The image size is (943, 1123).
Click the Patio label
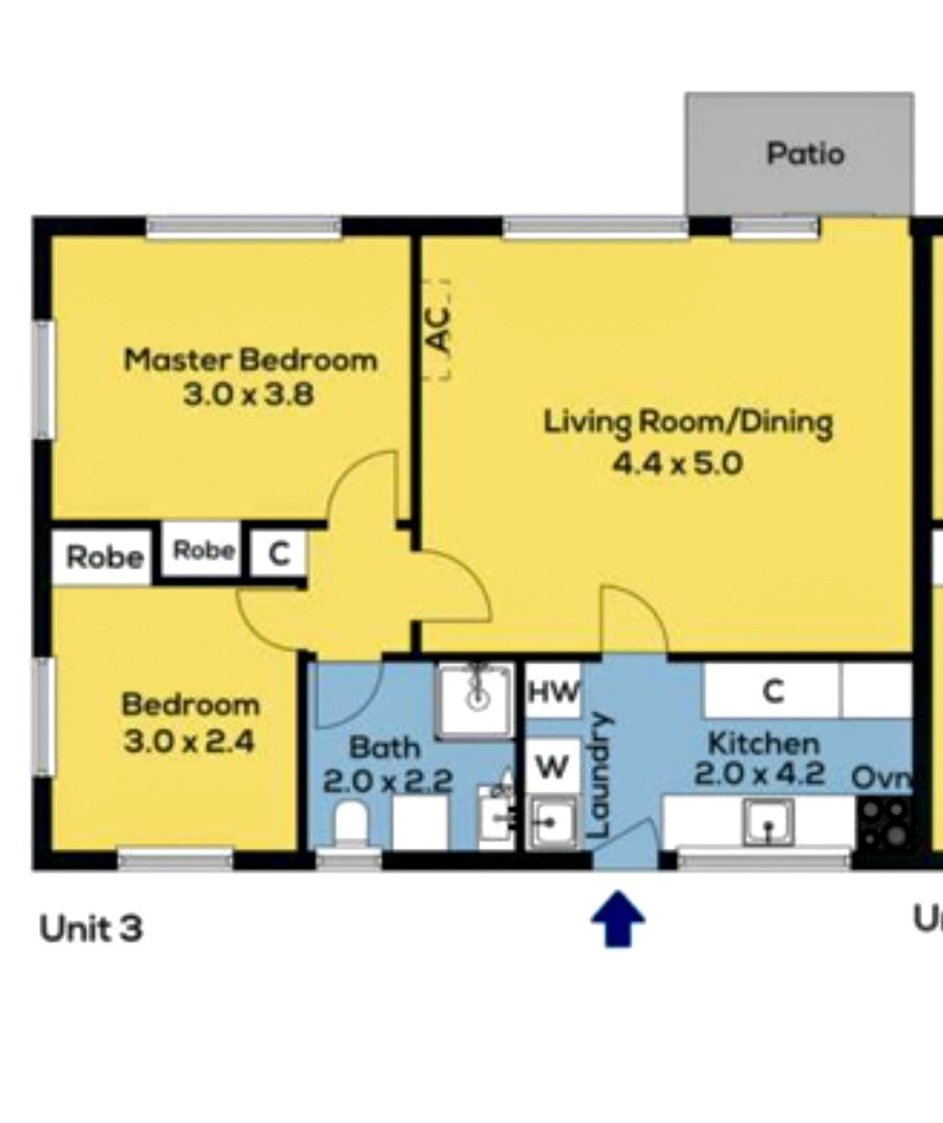click(x=806, y=153)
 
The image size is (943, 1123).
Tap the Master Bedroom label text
click(x=251, y=360)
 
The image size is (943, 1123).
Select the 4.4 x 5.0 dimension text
click(x=678, y=463)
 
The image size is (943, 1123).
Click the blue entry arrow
click(x=618, y=918)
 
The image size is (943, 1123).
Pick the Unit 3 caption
click(x=91, y=928)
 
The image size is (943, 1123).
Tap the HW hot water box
click(x=554, y=692)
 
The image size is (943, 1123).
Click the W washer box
click(x=552, y=767)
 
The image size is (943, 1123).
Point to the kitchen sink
click(x=769, y=821)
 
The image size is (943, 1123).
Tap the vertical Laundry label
click(x=600, y=775)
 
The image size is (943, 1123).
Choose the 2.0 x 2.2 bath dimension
click(x=387, y=782)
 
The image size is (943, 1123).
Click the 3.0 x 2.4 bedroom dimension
click(x=188, y=743)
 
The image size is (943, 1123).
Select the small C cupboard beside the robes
click(x=279, y=553)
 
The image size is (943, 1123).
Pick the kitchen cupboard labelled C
click(x=772, y=691)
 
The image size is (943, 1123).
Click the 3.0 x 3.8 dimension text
click(x=248, y=395)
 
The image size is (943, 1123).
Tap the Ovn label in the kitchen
click(x=883, y=778)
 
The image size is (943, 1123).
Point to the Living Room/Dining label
click(x=689, y=425)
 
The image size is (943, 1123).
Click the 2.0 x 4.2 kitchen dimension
click(x=759, y=774)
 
